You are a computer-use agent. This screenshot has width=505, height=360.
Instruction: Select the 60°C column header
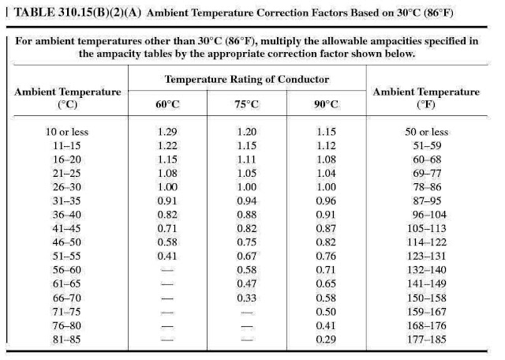pyautogui.click(x=168, y=104)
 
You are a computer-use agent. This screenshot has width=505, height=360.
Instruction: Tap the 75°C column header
pyautogui.click(x=247, y=104)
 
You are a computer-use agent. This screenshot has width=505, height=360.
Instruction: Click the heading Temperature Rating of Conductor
pyautogui.click(x=247, y=80)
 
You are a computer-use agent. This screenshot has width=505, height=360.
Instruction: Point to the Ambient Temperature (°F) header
pyautogui.click(x=425, y=98)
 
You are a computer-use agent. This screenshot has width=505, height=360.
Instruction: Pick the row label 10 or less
pyautogui.click(x=67, y=132)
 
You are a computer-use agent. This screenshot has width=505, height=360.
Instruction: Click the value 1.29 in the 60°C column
pyautogui.click(x=168, y=132)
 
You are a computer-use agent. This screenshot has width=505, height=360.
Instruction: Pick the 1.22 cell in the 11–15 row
pyautogui.click(x=168, y=145)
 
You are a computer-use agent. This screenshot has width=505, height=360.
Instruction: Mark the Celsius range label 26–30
pyautogui.click(x=67, y=186)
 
